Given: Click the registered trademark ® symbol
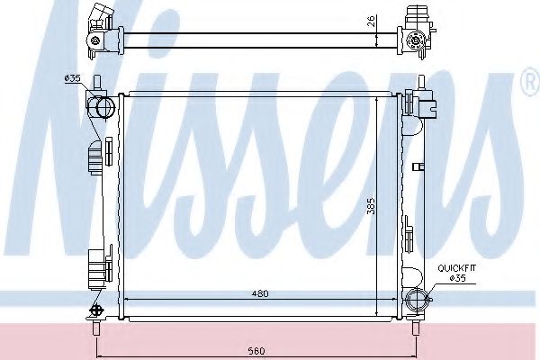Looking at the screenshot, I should (x=527, y=84).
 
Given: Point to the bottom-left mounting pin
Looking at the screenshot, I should (x=94, y=331).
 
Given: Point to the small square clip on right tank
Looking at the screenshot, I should (x=418, y=166).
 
